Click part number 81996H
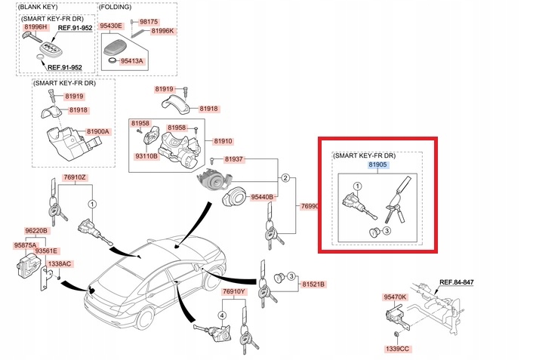pyautogui.click(x=35, y=27)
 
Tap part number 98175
pyautogui.click(x=149, y=21)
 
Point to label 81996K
pyautogui.click(x=162, y=31)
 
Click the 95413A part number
pyautogui.click(x=130, y=61)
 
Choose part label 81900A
pyautogui.click(x=98, y=131)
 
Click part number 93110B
pyautogui.click(x=146, y=155)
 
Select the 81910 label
pyautogui.click(x=223, y=141)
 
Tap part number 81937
pyautogui.click(x=233, y=159)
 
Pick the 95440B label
pyautogui.click(x=261, y=197)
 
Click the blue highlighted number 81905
pyautogui.click(x=377, y=164)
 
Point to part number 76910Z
pyautogui.click(x=75, y=177)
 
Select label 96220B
pyautogui.click(x=35, y=231)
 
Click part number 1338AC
pyautogui.click(x=60, y=263)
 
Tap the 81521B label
pyautogui.click(x=313, y=285)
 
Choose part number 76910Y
pyautogui.click(x=233, y=291)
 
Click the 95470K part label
pyautogui.click(x=395, y=297)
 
